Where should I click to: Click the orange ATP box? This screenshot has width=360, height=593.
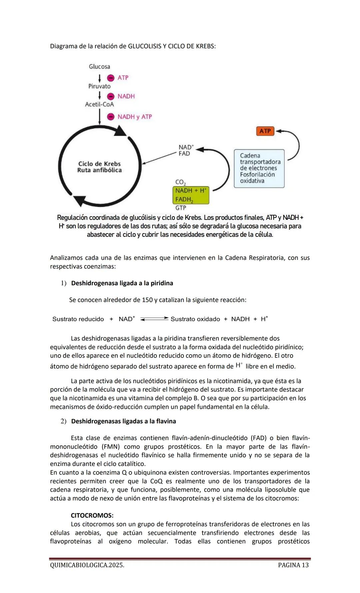point(265,131)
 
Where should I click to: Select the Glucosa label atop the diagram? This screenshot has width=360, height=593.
point(99,67)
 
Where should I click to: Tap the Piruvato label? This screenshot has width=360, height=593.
point(99,86)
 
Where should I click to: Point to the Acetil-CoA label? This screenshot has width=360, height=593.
point(99,104)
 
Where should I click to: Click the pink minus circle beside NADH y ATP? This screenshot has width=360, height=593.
point(111,117)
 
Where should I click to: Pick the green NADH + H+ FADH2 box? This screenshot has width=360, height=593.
point(191,195)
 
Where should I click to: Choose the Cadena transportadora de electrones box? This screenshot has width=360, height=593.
point(259,168)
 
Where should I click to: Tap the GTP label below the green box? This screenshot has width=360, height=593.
point(181,208)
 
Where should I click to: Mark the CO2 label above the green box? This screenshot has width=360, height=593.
point(180,182)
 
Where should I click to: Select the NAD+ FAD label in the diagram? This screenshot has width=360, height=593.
point(186,150)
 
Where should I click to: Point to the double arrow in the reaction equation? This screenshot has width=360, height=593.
point(154,319)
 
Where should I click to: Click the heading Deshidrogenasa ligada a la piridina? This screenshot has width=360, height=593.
point(122,283)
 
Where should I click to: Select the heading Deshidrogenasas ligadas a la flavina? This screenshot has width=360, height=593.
point(123,421)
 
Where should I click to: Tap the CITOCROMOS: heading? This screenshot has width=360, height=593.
point(92,515)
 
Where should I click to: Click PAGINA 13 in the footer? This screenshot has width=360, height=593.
point(293,565)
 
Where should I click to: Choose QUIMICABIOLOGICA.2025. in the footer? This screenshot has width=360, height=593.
point(87,565)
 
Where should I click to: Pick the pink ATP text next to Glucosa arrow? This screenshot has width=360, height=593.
point(123,78)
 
